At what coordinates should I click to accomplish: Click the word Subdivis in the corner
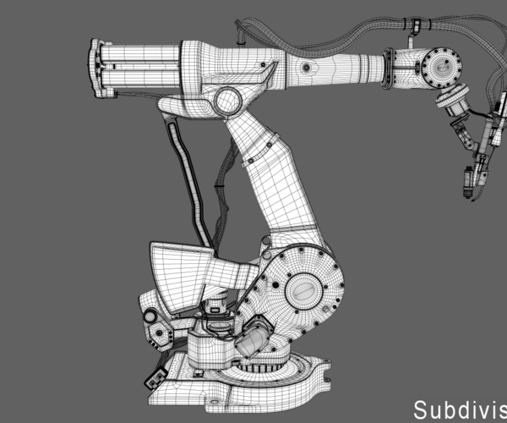click(459, 409)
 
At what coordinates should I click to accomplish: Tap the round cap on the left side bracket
click(151, 317)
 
